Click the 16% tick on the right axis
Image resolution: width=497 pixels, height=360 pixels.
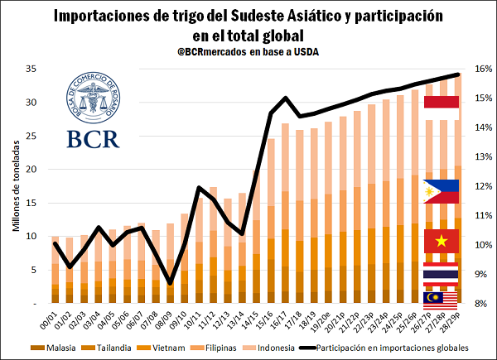pyautogui.click(x=480, y=70)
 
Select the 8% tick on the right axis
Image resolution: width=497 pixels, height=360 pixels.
pyautogui.click(x=480, y=304)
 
